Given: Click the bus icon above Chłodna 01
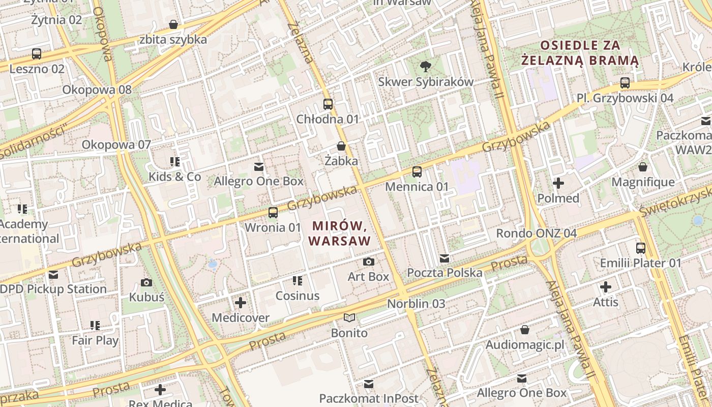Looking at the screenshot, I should (x=328, y=104).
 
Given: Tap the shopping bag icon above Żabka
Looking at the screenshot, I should (x=341, y=146).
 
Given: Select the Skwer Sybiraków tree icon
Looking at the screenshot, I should (x=425, y=66).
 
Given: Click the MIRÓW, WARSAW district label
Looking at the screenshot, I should (x=340, y=232).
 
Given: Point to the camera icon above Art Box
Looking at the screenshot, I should (x=369, y=261).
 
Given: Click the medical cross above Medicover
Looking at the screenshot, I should (x=241, y=303).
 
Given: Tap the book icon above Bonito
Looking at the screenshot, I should (x=349, y=318).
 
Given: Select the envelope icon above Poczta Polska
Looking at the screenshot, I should (x=444, y=258).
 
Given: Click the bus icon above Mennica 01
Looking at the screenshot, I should (x=417, y=172).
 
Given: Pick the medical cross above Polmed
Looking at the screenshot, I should (x=558, y=183).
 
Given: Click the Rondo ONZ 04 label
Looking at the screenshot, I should (x=536, y=234).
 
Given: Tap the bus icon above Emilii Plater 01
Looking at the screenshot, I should (x=641, y=248).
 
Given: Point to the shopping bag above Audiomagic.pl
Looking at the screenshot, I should (x=525, y=330).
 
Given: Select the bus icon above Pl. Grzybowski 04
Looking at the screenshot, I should (x=625, y=83).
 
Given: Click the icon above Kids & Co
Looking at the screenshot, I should (x=175, y=162).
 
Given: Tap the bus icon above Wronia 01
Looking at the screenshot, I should (x=273, y=212).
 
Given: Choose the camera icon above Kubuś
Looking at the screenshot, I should (x=146, y=282).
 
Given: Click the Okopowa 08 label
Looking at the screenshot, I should (x=97, y=90).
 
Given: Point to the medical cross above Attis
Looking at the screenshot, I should (x=606, y=287).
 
